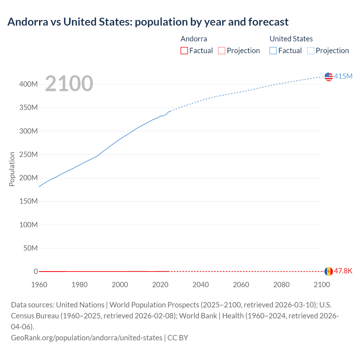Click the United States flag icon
(x=328, y=76)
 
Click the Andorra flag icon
(x=328, y=271)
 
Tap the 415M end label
(x=343, y=76)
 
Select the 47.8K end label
(x=343, y=271)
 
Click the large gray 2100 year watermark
(x=69, y=84)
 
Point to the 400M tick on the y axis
(x=28, y=84)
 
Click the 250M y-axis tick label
(x=28, y=154)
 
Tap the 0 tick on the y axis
(x=36, y=271)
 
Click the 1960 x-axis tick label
(x=39, y=285)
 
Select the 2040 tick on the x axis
(x=201, y=285)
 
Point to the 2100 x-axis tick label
(x=322, y=285)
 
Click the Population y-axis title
(x=12, y=169)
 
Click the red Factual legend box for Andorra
(x=184, y=51)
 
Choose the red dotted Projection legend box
(x=222, y=51)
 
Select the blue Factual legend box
(x=273, y=51)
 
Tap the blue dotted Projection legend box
(x=311, y=51)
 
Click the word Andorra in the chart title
(x=28, y=22)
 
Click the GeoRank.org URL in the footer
(x=87, y=337)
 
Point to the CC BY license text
(x=178, y=337)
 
